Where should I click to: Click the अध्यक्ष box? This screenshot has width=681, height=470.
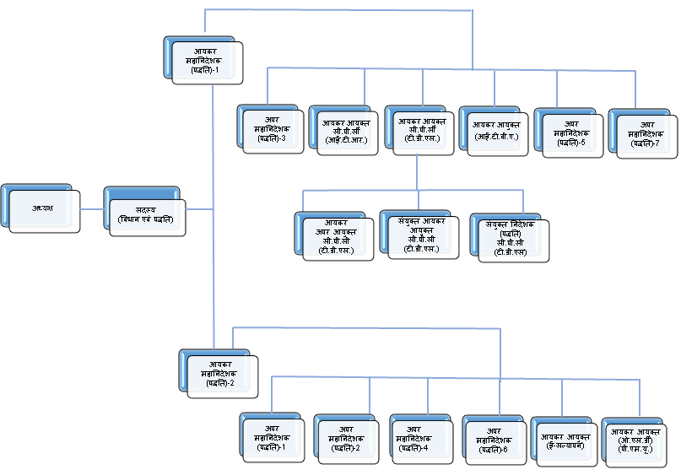[x=43, y=210]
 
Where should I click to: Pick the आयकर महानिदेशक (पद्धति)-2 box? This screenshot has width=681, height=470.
[x=221, y=373]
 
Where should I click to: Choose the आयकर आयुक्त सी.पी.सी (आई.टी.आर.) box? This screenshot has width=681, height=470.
[x=346, y=132]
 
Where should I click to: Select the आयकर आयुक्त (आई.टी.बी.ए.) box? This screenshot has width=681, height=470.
[x=496, y=132]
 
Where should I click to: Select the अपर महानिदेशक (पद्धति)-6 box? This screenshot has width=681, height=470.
[x=499, y=440]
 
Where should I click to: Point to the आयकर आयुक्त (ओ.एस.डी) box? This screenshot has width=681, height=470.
[x=641, y=441]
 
